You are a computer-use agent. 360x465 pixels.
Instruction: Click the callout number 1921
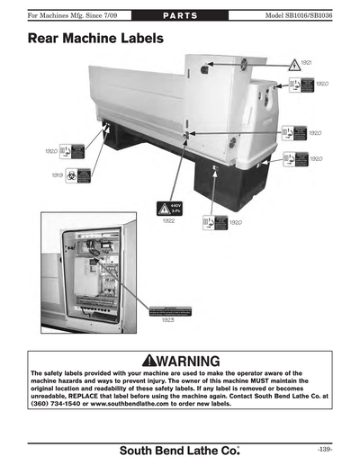point(307,62)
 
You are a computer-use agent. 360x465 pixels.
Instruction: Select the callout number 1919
point(57,175)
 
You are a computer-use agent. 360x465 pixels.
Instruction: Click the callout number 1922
point(169,221)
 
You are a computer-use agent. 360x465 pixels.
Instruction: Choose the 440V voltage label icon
point(169,206)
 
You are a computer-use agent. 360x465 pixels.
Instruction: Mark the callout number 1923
point(167,319)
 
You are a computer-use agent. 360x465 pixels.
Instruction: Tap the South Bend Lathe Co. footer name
point(181,448)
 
